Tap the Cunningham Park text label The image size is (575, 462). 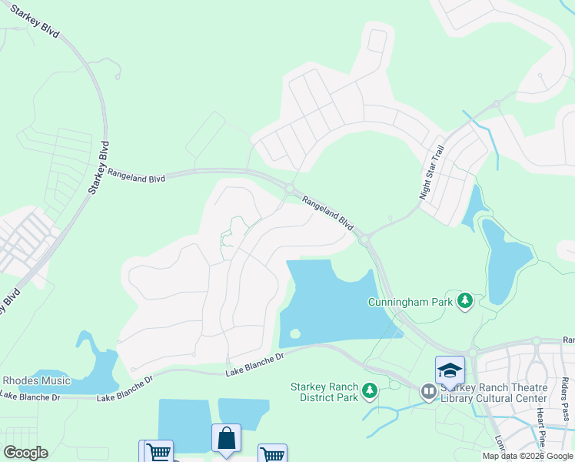tap(410, 302)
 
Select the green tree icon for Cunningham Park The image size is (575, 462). tap(464, 300)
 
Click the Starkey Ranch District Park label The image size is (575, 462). tap(324, 392)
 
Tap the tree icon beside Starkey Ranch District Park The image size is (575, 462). tap(369, 392)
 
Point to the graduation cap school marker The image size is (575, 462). tap(450, 371)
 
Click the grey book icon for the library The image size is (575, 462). tap(428, 393)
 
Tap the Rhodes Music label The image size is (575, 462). tap(36, 380)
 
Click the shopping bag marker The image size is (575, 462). tap(226, 439)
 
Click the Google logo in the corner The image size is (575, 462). tap(25, 453)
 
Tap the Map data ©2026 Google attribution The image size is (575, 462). tap(527, 456)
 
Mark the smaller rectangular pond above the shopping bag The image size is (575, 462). tap(243, 413)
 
